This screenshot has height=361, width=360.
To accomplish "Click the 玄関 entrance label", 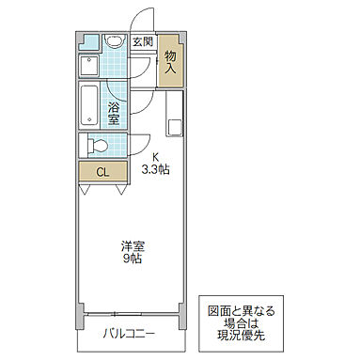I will pyautogui.click(x=143, y=42).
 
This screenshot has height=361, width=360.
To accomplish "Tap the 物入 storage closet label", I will pyautogui.click(x=171, y=63).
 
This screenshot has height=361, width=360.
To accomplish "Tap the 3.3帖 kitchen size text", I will pyautogui.click(x=155, y=170).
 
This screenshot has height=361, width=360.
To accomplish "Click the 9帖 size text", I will pyautogui.click(x=133, y=260).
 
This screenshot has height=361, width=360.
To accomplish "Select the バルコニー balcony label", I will pyautogui.click(x=128, y=333).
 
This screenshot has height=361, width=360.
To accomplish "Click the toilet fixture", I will pyautogui.click(x=94, y=145).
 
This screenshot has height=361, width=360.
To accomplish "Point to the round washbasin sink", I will pyautogui.click(x=114, y=41).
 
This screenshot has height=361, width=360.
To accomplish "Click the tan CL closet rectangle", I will pyautogui.click(x=103, y=171).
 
